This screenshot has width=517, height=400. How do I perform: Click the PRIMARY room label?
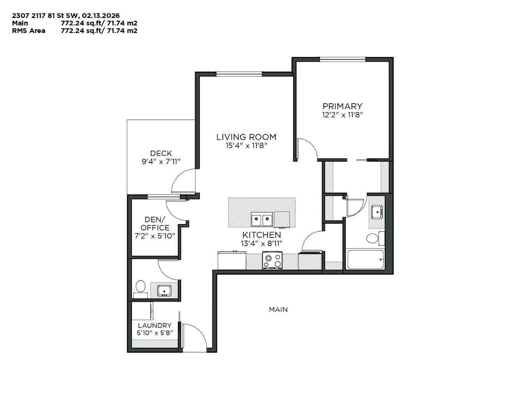342,106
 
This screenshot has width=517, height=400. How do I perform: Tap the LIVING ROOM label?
246,137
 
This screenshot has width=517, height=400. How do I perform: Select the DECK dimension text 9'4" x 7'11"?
161,162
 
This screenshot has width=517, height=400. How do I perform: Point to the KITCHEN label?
261,235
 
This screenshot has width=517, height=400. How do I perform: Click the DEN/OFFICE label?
155,224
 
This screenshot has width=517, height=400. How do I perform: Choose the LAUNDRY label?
155,325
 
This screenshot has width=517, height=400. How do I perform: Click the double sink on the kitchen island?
261,220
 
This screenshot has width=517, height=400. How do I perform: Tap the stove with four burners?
272,261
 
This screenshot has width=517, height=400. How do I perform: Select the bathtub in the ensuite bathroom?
365,259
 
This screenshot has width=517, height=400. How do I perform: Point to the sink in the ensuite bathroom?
377,212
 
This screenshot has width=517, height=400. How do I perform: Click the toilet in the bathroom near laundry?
140,288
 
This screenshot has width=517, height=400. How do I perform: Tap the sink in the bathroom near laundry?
164,291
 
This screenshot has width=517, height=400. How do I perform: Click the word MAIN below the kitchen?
278,309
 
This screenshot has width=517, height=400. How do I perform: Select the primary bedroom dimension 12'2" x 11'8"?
342,115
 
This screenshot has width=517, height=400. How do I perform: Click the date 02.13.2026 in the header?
101,16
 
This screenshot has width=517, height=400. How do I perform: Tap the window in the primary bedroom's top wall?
343,59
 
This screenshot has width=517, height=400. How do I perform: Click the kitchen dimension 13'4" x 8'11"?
261,243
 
